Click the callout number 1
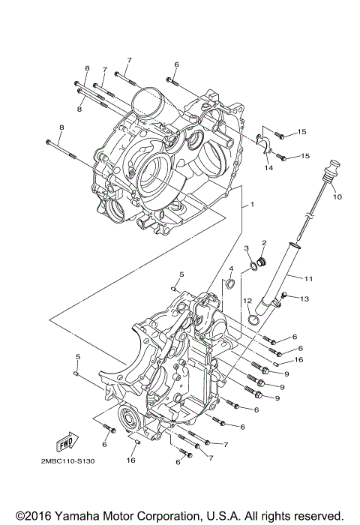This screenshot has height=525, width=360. tap(253, 204)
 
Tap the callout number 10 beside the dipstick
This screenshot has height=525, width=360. tap(337, 197)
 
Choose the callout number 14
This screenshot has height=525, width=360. tap(267, 169)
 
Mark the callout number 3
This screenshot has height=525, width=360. tap(247, 248)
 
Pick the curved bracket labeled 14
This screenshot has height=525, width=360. tap(263, 142)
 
